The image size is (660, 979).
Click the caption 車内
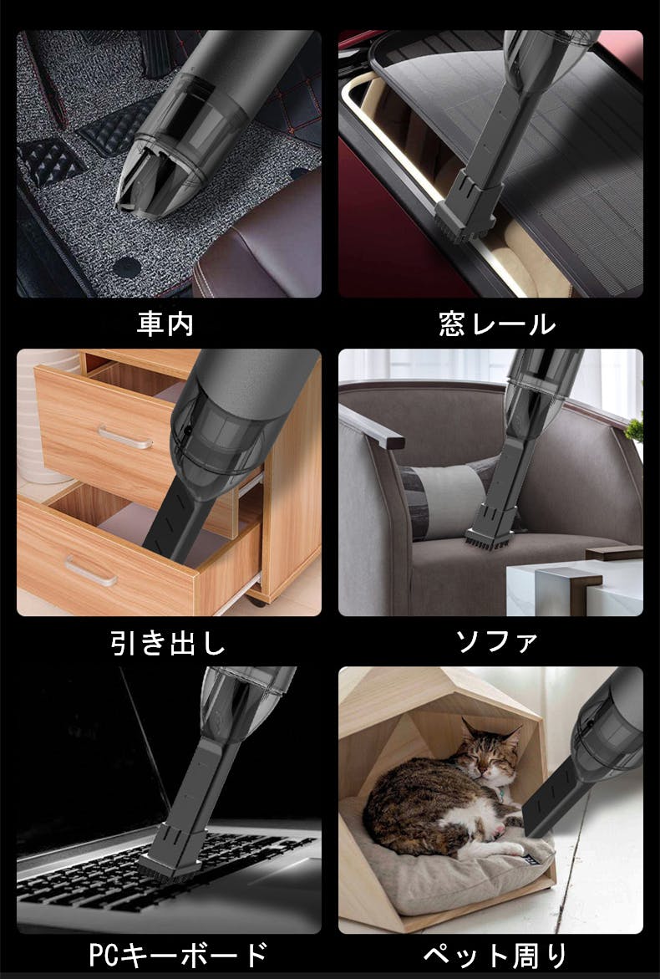[x=165, y=324]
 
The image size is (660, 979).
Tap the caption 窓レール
[x=497, y=324]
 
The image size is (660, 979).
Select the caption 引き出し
[x=168, y=643]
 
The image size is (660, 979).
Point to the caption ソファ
[x=496, y=642]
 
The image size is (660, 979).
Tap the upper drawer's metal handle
[x=125, y=437]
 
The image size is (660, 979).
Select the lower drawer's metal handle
[x=91, y=571]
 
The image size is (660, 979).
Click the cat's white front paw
[x=510, y=849]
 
